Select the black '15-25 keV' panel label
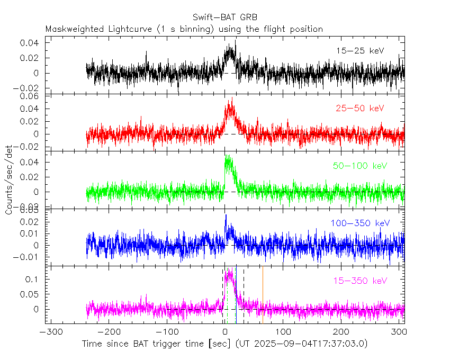[x=359, y=51]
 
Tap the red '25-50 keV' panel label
[x=359, y=108]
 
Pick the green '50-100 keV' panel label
[x=359, y=166]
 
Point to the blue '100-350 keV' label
[x=359, y=223]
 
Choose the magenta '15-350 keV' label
[x=359, y=281]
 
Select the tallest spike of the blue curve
[x=226, y=215]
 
